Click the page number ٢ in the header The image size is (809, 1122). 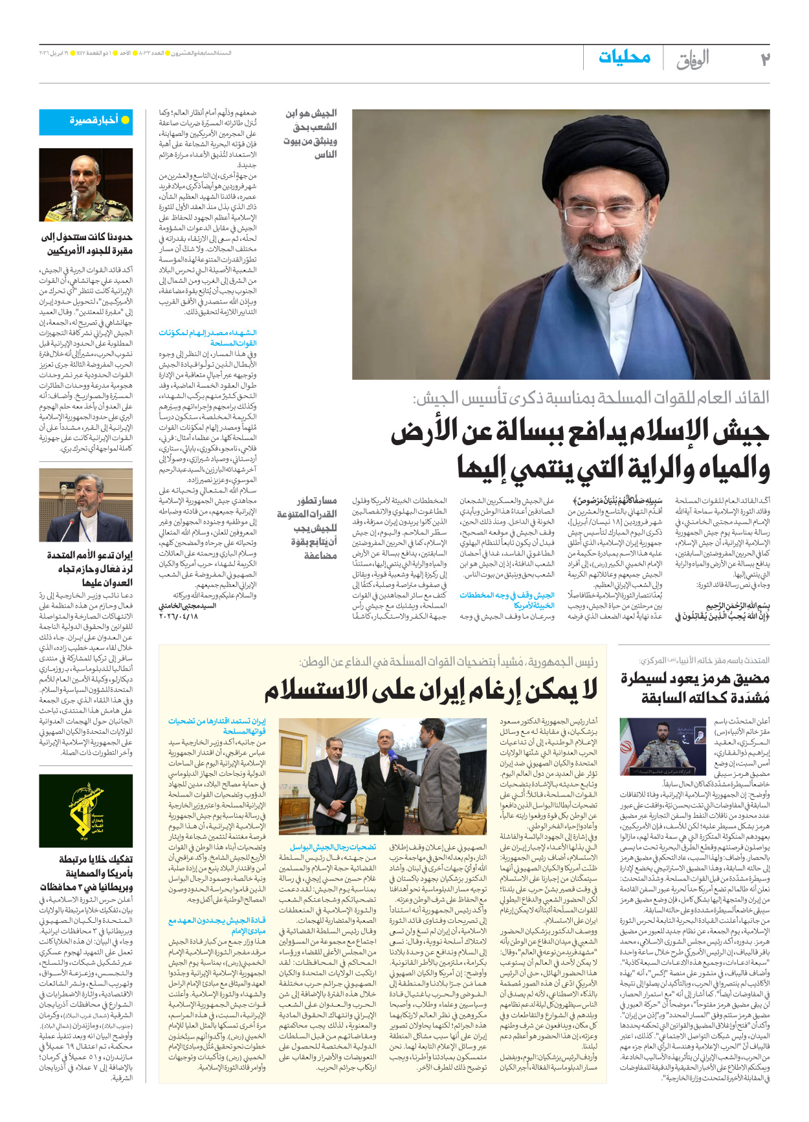(x=764, y=60)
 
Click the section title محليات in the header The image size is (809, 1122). (x=624, y=57)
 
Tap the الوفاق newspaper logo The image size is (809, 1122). (x=693, y=60)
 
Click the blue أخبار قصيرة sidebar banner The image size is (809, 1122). (x=86, y=121)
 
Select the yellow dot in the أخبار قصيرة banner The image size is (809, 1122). (x=126, y=120)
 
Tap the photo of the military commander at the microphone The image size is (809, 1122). (x=86, y=185)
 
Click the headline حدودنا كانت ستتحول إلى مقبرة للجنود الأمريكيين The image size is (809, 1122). (x=87, y=243)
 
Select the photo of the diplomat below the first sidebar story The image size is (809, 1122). (x=86, y=505)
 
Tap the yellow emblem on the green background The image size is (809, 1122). (x=85, y=811)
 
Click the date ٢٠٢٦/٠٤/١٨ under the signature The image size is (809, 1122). (x=179, y=616)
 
